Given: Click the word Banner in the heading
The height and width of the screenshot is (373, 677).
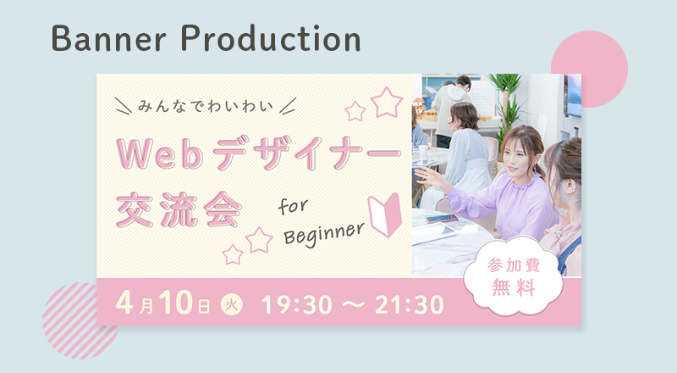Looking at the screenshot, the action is [x=109, y=39].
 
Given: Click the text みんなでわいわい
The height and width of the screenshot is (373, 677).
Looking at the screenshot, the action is [x=206, y=106].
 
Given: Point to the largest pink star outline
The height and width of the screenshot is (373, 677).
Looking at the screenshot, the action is [x=387, y=103].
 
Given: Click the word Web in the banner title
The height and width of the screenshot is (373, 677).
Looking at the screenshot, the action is [x=160, y=154].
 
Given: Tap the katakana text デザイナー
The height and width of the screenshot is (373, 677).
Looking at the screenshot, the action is [x=307, y=153].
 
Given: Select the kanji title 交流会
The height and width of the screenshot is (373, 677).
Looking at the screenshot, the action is [x=179, y=210].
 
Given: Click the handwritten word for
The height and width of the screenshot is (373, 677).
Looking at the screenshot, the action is [x=293, y=206].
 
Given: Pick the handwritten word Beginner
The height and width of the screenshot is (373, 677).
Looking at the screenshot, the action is [x=324, y=234].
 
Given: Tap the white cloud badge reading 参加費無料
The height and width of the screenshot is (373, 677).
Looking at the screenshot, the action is [x=514, y=276].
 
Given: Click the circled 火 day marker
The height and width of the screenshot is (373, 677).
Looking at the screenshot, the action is [x=231, y=304].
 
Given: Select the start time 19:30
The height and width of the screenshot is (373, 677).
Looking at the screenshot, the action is [x=297, y=304].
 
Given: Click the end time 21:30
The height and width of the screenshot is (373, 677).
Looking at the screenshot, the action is [x=410, y=304].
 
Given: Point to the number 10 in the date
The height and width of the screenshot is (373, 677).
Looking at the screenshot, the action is [x=176, y=303].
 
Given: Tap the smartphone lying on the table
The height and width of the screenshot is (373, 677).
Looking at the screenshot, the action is [x=441, y=218].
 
